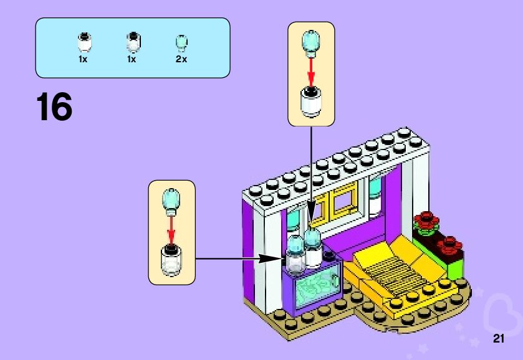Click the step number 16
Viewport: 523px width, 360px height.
pos(54,107)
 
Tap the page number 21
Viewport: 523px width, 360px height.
pos(498,339)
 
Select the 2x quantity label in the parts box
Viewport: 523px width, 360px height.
pos(181,59)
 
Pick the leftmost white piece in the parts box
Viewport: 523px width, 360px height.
pos(83,42)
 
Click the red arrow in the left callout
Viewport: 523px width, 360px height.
pos(171,229)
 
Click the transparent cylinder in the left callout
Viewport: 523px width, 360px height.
pos(171,260)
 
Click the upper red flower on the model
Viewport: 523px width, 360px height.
pos(426,219)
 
